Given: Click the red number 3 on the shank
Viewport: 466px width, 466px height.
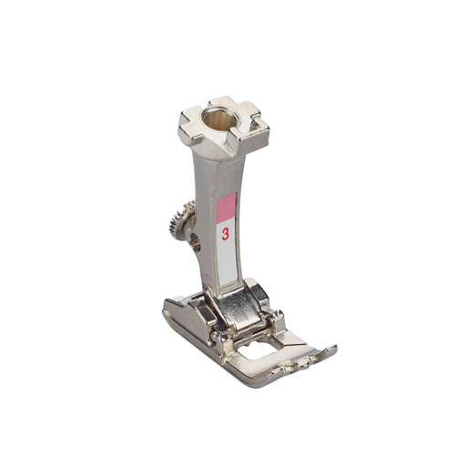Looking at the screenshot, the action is point(225,234).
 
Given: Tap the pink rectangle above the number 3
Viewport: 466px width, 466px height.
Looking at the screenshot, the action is point(227,208).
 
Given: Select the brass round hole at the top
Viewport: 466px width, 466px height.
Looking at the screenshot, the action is point(217,119).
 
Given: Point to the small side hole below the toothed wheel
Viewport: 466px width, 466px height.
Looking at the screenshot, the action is point(197,242).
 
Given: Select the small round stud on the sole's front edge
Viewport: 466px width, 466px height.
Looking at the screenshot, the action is point(301,363).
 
